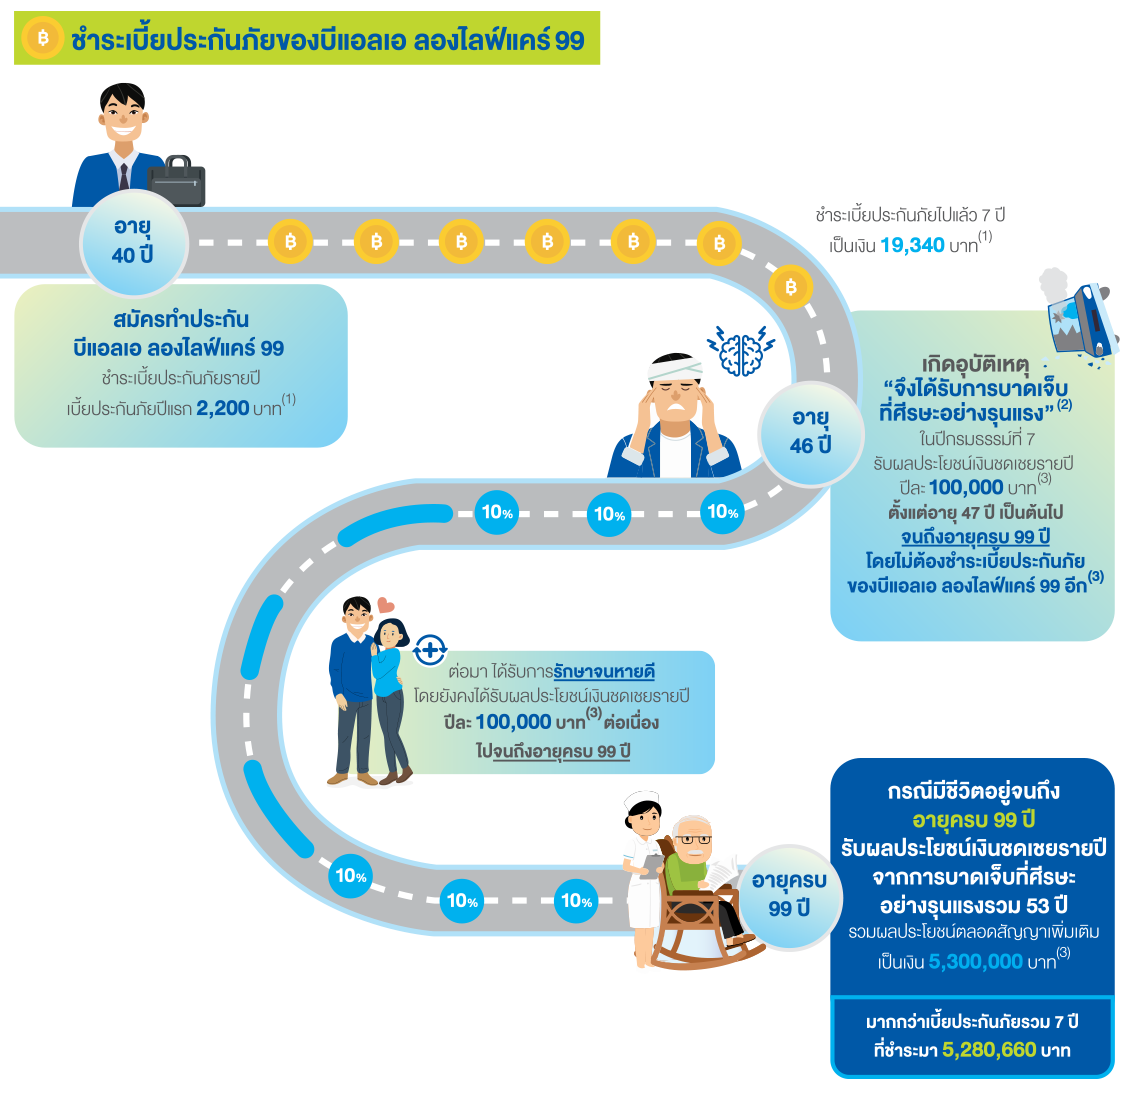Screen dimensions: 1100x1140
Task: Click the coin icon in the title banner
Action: click(x=42, y=39)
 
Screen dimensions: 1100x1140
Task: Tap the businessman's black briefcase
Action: click(x=178, y=181)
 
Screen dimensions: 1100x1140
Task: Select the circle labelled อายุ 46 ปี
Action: click(x=810, y=431)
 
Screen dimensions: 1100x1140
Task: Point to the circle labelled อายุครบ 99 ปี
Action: click(x=789, y=894)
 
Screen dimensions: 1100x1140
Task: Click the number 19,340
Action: click(x=912, y=245)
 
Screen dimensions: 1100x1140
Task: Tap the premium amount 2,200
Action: click(x=222, y=408)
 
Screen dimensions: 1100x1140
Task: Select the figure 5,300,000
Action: click(x=975, y=962)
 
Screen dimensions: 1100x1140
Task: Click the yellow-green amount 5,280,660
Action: click(x=989, y=1050)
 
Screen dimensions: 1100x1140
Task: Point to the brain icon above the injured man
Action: click(x=740, y=352)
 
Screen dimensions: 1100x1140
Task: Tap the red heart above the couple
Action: click(x=386, y=605)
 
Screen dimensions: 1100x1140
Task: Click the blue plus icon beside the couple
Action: click(x=429, y=650)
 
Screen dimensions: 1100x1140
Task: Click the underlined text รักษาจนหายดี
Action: click(x=604, y=672)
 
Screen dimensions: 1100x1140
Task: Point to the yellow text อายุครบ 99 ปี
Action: click(x=973, y=820)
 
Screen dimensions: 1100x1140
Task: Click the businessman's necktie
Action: click(x=124, y=177)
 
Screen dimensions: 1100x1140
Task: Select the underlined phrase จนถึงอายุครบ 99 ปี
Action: click(x=975, y=537)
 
